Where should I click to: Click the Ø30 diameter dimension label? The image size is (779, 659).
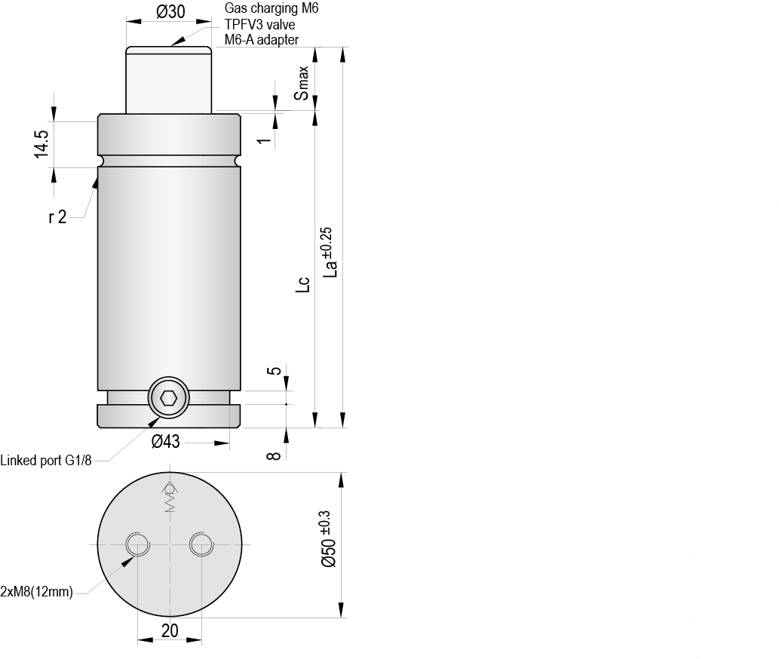(x=170, y=11)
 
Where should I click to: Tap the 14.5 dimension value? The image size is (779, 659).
(x=41, y=145)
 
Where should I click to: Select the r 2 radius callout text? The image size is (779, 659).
(x=57, y=217)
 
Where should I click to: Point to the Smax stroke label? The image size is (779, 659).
(x=302, y=83)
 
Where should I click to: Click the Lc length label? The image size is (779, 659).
(x=303, y=284)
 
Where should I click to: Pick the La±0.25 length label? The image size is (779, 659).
(x=330, y=253)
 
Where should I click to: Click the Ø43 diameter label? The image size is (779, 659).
(x=165, y=441)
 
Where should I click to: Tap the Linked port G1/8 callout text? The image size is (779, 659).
(x=46, y=461)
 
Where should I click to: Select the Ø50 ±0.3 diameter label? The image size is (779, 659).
(x=329, y=539)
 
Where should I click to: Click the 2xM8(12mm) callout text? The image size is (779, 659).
(x=37, y=592)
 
